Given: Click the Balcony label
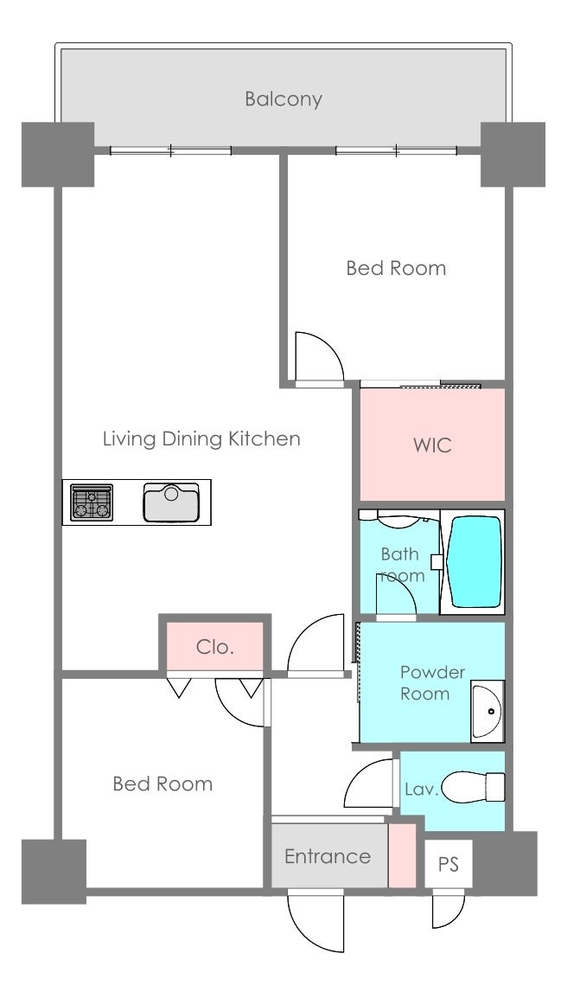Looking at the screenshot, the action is point(283,99).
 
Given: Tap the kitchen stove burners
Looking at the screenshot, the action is point(92,502).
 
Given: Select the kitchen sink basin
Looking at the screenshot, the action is point(171,502).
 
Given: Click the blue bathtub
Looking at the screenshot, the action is point(475,561).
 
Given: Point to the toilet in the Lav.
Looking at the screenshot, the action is point(474,787).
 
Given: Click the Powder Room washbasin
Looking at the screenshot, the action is point(487,711).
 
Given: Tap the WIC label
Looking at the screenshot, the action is point(432,445).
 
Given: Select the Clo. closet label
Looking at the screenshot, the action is point(215,647).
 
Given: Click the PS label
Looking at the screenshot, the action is point(449,864).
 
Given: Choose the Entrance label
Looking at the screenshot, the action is point(327,856).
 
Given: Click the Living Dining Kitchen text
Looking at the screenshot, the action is point(201,438).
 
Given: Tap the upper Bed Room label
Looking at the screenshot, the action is point(396,268).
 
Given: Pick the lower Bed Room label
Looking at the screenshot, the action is point(162,784).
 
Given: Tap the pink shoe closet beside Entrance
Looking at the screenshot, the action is point(402,854).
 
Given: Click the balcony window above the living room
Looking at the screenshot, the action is point(170,150).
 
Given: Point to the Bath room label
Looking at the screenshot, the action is point(402,565).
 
